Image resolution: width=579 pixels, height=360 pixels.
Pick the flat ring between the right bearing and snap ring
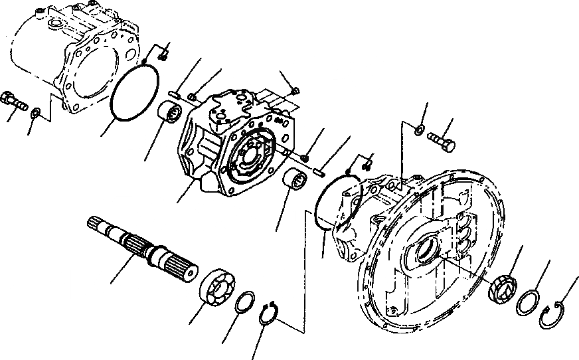click(529, 302)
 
